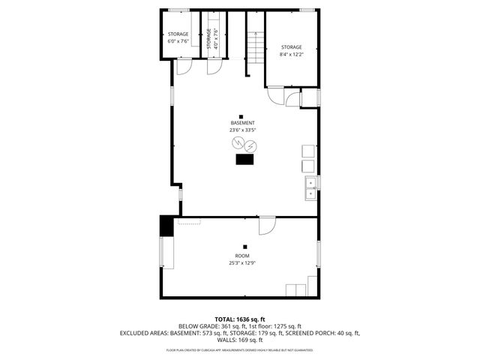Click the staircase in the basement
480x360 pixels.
tap(256, 47)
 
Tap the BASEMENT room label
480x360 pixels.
tap(242, 123)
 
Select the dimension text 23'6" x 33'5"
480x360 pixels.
tap(242, 130)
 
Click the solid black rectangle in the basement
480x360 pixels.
tap(245, 159)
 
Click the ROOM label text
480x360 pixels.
tap(242, 256)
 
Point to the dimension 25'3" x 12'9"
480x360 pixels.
tap(242, 263)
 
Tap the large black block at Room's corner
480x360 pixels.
tap(166, 226)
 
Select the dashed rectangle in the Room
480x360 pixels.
tap(193, 222)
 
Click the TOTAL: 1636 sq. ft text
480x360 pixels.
tap(240, 319)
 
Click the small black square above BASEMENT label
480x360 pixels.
tap(241, 115)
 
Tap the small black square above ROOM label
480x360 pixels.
tap(244, 246)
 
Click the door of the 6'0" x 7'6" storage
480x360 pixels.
tap(183, 67)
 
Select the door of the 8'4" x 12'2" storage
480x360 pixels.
tap(275, 95)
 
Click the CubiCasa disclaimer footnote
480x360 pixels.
tap(240, 349)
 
